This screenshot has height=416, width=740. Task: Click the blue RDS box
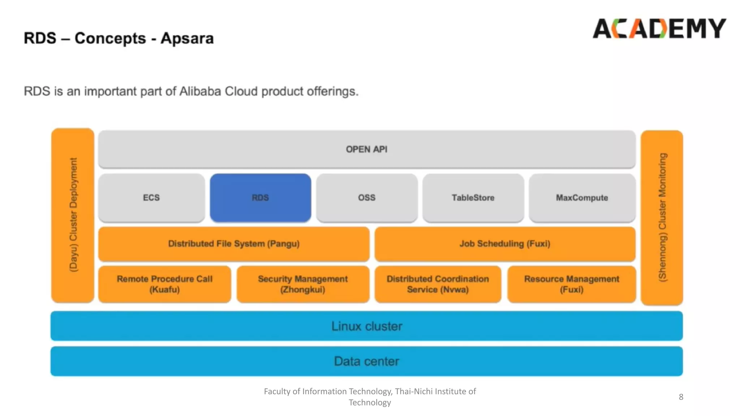[x=260, y=198]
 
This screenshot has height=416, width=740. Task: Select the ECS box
[x=151, y=198]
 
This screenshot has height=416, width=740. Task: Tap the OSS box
[x=367, y=198]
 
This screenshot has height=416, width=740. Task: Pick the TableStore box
[x=473, y=198]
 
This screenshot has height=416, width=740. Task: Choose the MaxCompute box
[x=582, y=198]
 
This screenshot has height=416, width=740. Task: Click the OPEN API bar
[x=366, y=149]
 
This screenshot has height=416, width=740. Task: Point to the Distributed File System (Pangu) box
[x=234, y=244]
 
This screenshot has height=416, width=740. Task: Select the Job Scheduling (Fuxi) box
[x=505, y=244]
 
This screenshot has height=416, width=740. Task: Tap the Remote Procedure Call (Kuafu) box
[x=164, y=284]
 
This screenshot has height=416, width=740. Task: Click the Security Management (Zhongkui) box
[x=303, y=284]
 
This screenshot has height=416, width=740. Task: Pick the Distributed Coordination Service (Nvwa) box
[x=438, y=284]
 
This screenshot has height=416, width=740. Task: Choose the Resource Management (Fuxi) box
[x=571, y=284]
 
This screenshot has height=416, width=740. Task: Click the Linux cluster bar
[x=366, y=326]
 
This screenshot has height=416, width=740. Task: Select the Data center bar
[x=366, y=361]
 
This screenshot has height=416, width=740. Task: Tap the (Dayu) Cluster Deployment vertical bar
[x=73, y=215]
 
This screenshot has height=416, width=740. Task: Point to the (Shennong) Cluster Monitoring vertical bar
[x=662, y=217]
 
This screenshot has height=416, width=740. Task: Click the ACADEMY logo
[x=659, y=29]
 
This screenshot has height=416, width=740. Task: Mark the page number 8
[x=681, y=397]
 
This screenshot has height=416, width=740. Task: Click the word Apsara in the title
[x=187, y=38]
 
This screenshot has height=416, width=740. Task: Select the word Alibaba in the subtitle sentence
[x=200, y=91]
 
